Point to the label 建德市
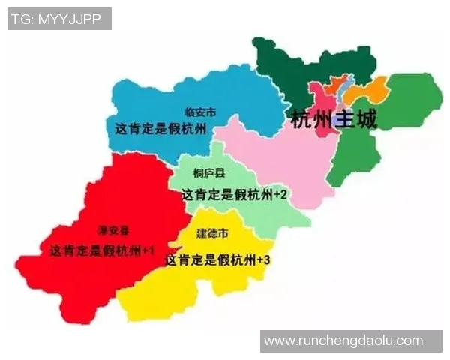pyautogui.click(x=212, y=233)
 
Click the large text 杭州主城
pyautogui.click(x=333, y=118)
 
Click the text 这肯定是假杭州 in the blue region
pyautogui.click(x=160, y=128)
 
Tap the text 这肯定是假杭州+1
pyautogui.click(x=102, y=250)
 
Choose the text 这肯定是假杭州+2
pyautogui.click(x=234, y=193)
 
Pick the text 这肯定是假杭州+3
pyautogui.click(x=217, y=260)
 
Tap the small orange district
pyautogui.click(x=336, y=83)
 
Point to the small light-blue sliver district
pyautogui.click(x=344, y=91)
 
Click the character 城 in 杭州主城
pyautogui.click(x=365, y=118)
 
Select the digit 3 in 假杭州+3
pyautogui.click(x=266, y=260)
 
